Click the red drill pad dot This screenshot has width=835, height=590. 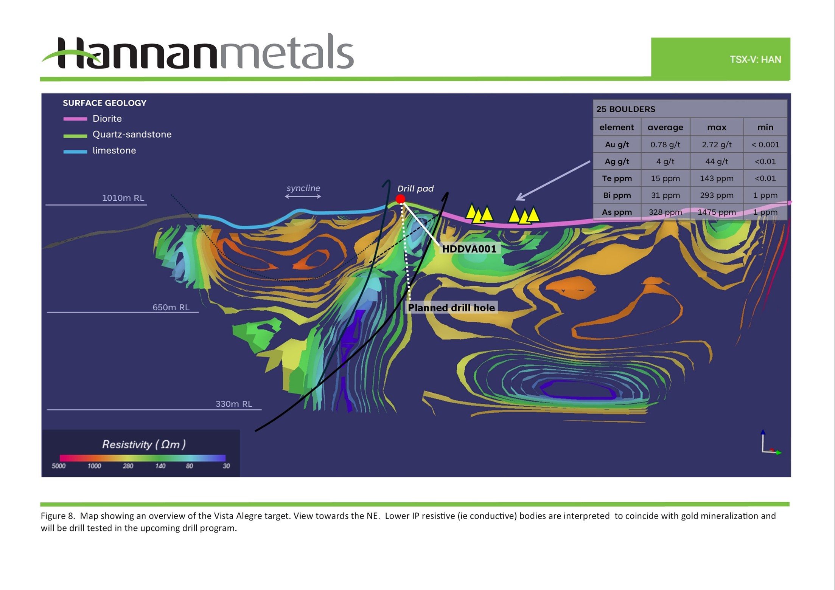400,199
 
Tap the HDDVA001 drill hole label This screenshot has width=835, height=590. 469,249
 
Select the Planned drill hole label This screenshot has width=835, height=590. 451,308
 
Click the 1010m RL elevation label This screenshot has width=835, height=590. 123,198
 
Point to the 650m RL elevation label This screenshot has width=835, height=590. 171,307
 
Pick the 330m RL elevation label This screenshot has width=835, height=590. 234,404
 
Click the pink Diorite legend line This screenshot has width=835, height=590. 75,119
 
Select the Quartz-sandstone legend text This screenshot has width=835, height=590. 132,134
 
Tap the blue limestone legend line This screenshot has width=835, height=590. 75,152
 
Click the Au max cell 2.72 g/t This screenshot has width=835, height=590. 717,144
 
